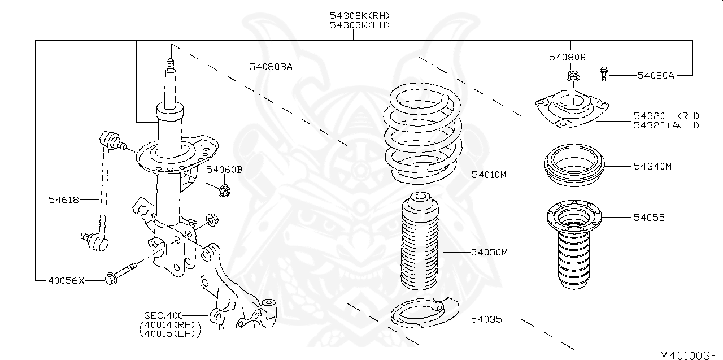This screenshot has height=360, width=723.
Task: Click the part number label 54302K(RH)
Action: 360,15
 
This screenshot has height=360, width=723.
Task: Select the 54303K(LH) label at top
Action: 360,25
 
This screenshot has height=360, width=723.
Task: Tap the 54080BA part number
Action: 271,67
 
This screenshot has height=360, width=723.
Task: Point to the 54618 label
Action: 63,199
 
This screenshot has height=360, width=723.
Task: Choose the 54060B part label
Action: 224,169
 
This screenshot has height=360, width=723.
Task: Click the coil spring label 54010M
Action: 489,175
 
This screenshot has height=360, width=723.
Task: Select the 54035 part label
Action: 486,319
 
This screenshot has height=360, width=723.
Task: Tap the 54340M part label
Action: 652,166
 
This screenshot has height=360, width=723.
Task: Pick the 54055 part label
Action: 649,217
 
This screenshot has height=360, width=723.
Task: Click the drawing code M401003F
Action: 691,355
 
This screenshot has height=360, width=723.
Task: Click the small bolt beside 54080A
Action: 604,73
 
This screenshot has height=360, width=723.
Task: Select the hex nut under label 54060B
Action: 224,191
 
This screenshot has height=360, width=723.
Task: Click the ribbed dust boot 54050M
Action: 420,243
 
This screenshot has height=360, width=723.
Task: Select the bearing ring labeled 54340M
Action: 573,166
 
